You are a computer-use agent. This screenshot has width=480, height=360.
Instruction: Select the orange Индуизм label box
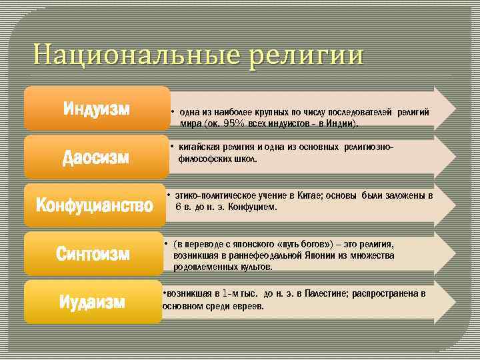[x=97, y=108]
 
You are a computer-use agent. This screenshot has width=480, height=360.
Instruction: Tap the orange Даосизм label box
[x=97, y=157]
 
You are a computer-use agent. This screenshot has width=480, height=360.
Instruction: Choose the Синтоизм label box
[x=93, y=254]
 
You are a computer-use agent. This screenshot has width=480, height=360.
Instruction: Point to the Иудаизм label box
[x=93, y=302]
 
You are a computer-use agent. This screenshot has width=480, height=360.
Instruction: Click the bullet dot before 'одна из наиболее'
[x=172, y=112]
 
